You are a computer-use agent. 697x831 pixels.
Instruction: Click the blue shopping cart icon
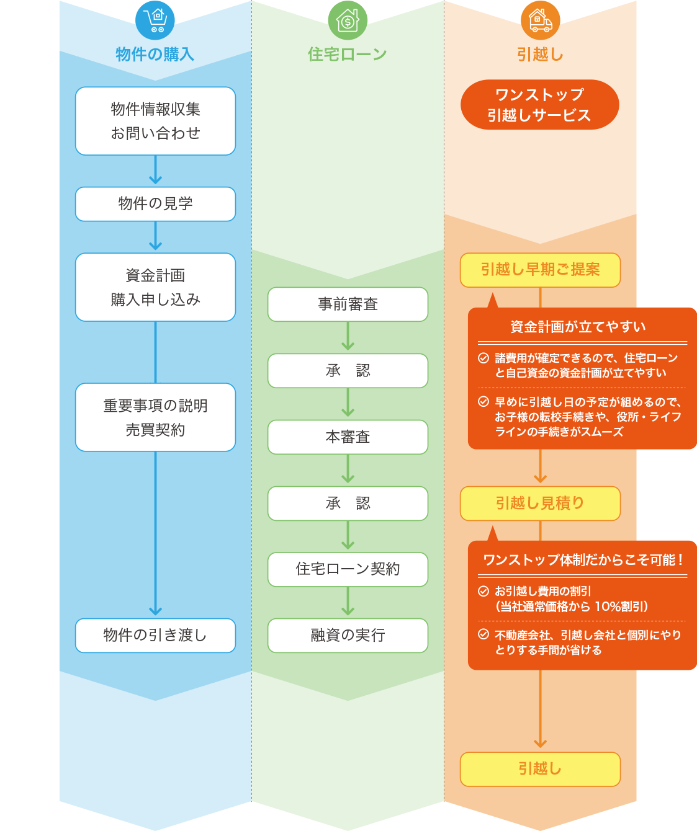155,20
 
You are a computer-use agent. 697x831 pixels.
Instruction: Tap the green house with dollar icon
348,20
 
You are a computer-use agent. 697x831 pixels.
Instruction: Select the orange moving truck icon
540,20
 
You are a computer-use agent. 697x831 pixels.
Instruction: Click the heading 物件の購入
155,54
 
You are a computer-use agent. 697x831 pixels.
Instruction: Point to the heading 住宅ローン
348,54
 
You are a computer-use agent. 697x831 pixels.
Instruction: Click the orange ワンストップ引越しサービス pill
540,105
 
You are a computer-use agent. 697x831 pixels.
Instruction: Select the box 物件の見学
155,204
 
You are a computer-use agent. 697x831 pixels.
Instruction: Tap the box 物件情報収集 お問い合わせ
155,121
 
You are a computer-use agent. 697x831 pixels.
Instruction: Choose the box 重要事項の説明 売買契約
155,417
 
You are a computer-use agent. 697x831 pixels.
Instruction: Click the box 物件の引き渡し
155,635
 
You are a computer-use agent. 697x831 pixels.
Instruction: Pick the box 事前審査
348,304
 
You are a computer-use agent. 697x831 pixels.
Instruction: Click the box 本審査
348,437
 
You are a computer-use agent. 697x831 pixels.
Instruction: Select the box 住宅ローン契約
348,569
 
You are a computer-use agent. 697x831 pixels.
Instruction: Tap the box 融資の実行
348,635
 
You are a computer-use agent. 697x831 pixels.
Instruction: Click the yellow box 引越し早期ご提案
540,270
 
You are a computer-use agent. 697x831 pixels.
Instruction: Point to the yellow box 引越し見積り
540,503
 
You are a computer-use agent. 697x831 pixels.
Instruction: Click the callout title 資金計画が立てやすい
578,327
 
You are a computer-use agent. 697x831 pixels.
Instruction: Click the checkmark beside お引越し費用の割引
483,592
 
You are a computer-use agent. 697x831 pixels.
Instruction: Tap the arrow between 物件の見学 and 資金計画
155,236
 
